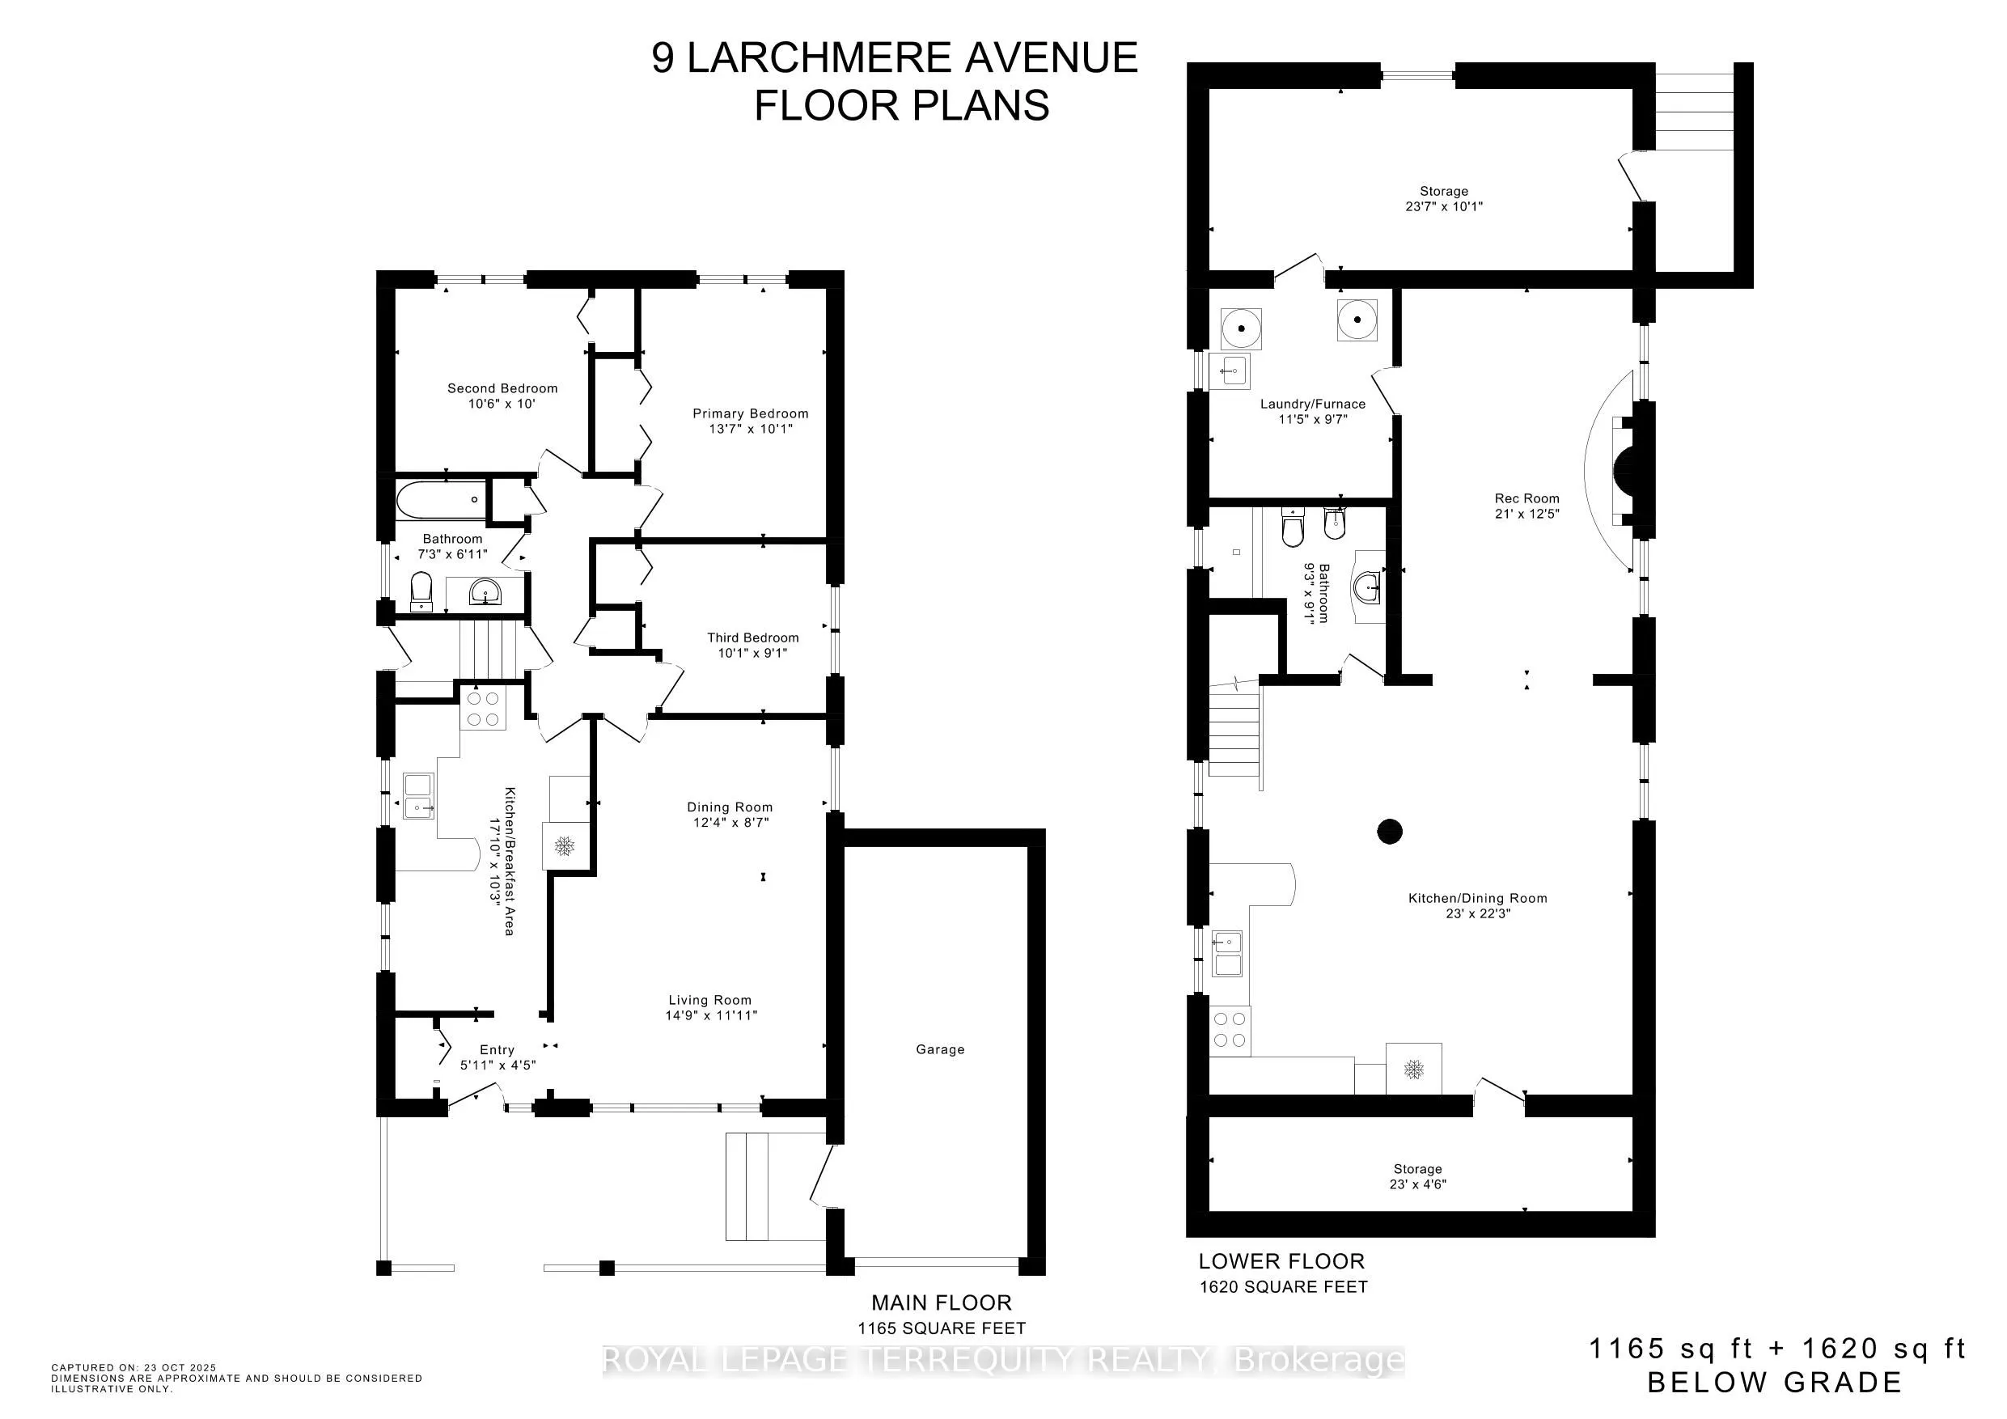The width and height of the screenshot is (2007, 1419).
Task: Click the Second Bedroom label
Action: pyautogui.click(x=502, y=388)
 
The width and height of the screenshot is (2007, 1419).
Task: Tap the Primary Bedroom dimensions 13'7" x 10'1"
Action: pyautogui.click(x=750, y=430)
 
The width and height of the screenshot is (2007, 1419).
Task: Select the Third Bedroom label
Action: pyautogui.click(x=752, y=637)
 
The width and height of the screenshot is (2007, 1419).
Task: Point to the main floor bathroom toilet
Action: pyautogui.click(x=421, y=591)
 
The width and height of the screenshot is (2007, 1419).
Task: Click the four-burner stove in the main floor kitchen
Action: pyautogui.click(x=482, y=709)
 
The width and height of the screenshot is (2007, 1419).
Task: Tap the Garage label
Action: pyautogui.click(x=940, y=1049)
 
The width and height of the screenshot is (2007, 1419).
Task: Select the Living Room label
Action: pyautogui.click(x=709, y=1000)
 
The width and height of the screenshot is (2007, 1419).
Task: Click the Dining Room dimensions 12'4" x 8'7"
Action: pyautogui.click(x=729, y=823)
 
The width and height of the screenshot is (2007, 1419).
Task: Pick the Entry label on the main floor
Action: pyautogui.click(x=497, y=1050)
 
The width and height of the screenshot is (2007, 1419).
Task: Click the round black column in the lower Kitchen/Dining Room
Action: pyautogui.click(x=1390, y=831)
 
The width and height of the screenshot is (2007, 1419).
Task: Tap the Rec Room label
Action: pyautogui.click(x=1526, y=498)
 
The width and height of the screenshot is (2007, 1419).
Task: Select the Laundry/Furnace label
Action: pyautogui.click(x=1312, y=404)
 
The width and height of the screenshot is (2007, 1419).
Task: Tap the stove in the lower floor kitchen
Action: pyautogui.click(x=1230, y=1029)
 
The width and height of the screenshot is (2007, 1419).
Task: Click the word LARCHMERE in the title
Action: pyautogui.click(x=819, y=58)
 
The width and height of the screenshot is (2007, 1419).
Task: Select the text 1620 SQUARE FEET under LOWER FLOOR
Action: pyautogui.click(x=1282, y=1287)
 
